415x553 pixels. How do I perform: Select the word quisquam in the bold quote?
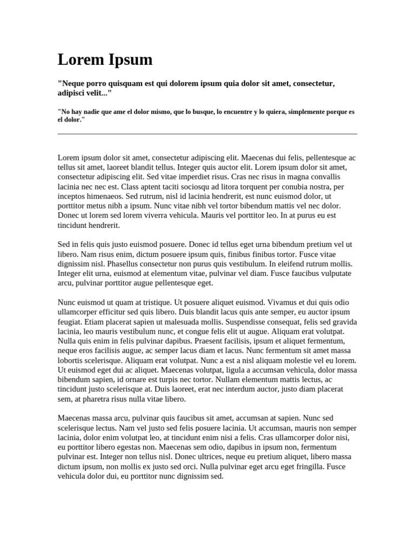click(x=123, y=84)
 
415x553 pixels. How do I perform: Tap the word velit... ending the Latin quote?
click(x=98, y=93)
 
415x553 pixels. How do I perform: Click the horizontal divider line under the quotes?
click(x=207, y=133)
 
